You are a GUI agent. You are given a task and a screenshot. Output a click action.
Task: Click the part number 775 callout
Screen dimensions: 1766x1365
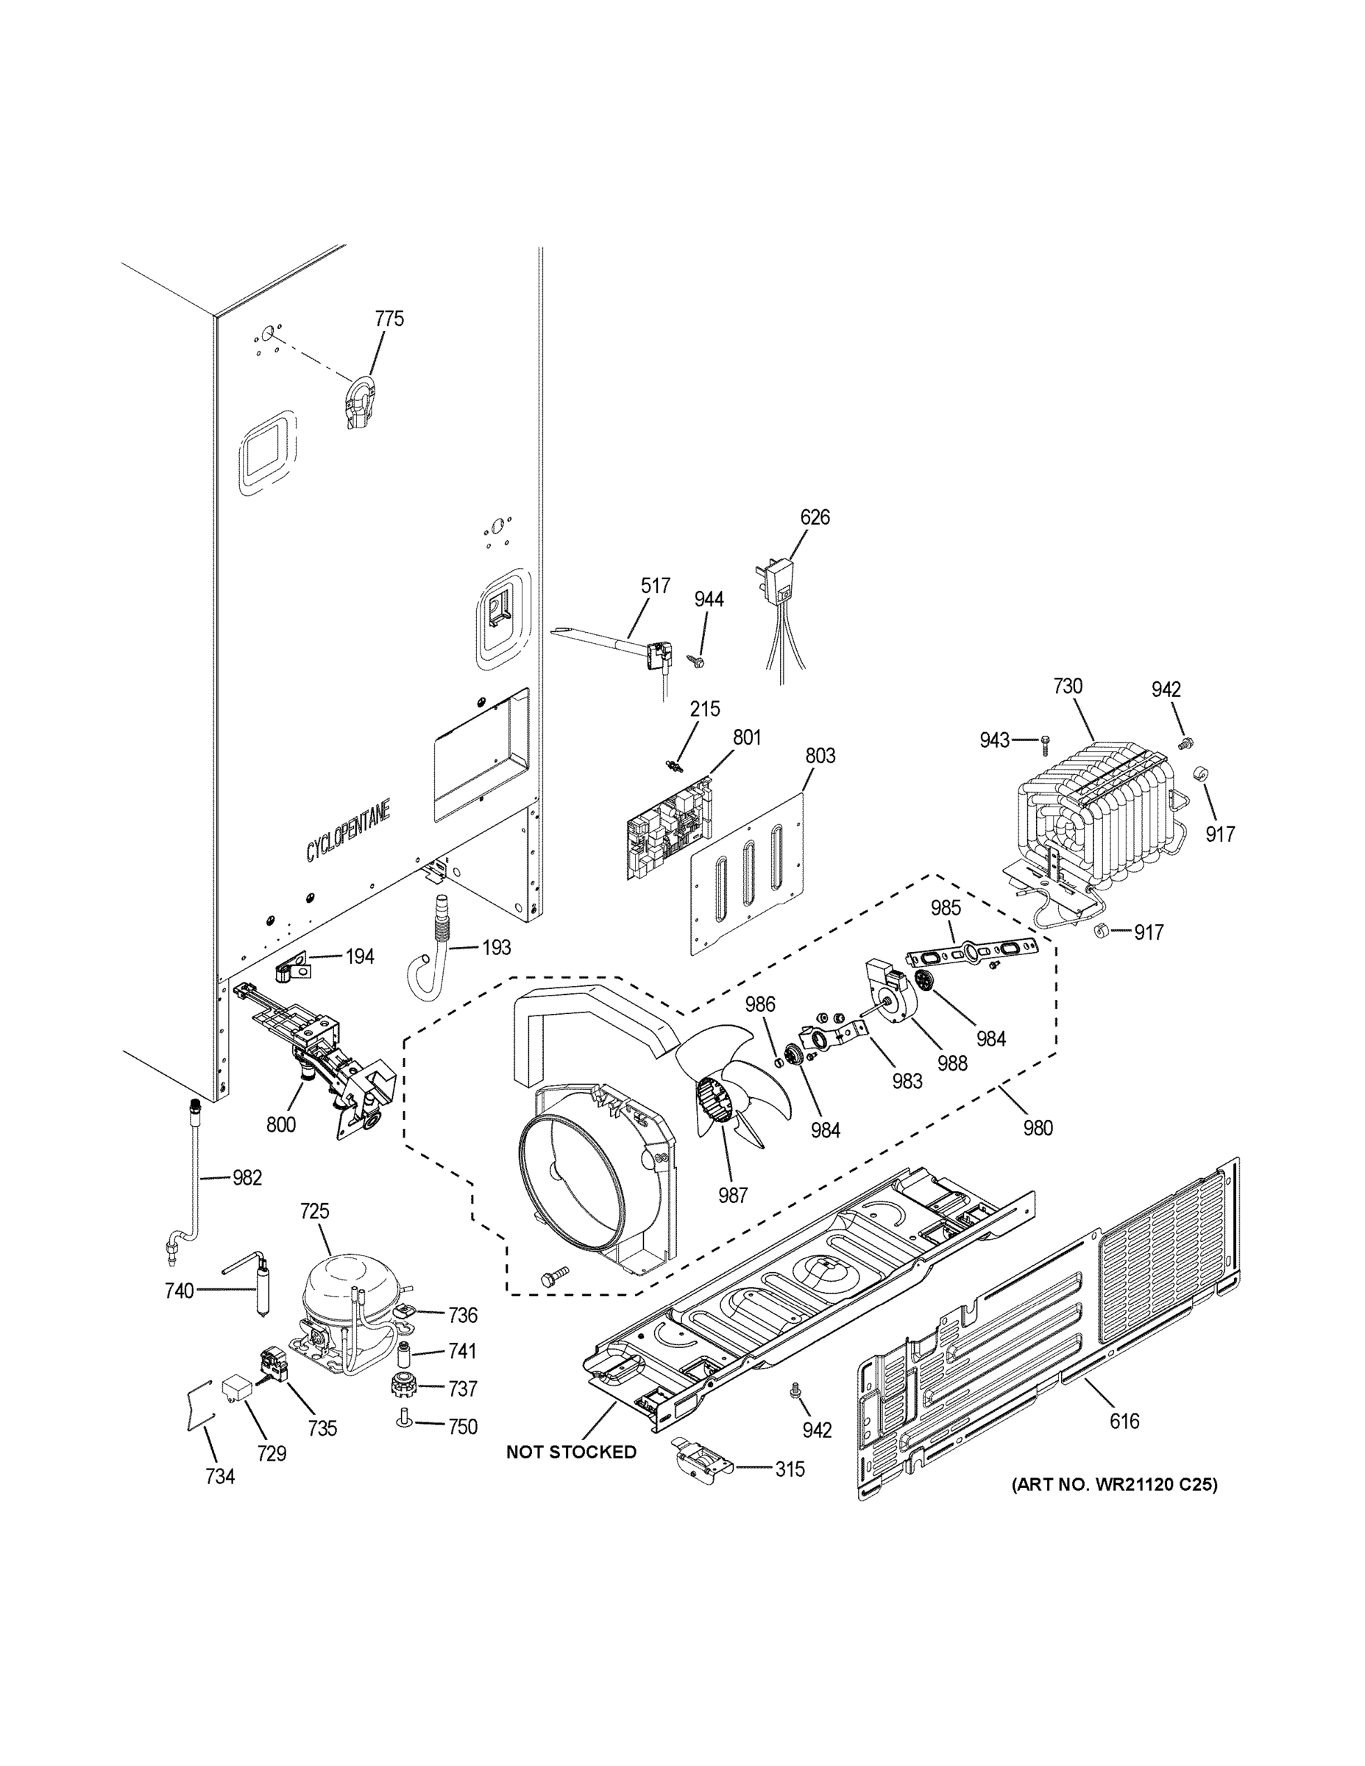click(x=389, y=319)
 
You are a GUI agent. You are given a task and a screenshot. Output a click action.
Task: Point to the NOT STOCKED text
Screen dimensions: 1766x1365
click(x=571, y=1453)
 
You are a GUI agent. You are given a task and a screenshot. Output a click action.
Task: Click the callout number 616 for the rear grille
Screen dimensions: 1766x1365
click(x=1124, y=1421)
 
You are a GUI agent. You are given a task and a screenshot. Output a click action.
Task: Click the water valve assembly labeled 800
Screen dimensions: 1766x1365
click(x=324, y=1052)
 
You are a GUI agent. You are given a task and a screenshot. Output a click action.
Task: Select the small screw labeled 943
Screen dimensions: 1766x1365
click(x=1045, y=739)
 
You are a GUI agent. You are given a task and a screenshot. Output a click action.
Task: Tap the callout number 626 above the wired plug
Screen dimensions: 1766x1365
click(x=815, y=517)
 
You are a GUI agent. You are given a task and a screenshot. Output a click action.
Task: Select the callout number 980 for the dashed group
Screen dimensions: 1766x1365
click(x=1038, y=1127)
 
